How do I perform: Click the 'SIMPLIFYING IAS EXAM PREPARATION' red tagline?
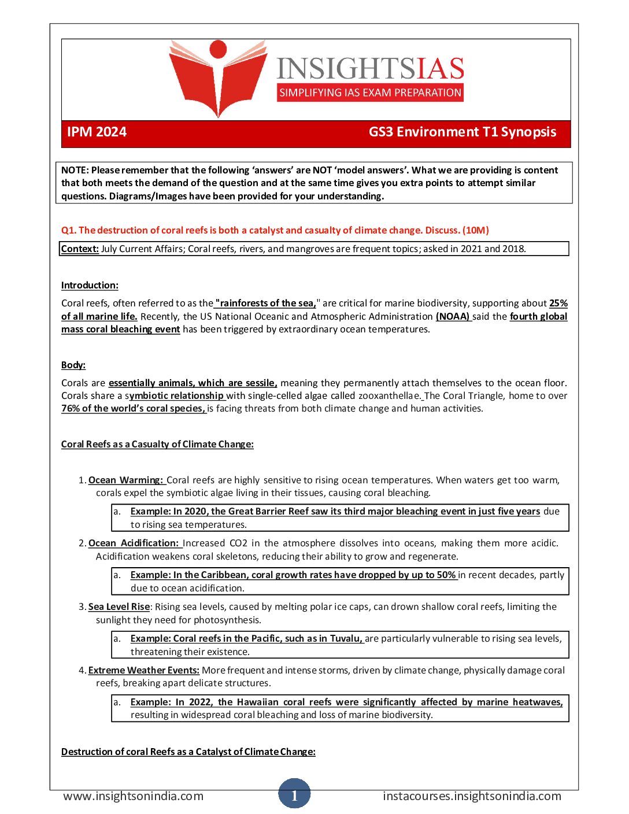tap(370, 92)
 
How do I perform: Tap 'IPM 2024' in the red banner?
tap(97, 132)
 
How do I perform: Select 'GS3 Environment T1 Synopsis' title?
tap(462, 132)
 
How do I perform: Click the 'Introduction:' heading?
tap(90, 285)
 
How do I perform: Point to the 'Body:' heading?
tap(73, 365)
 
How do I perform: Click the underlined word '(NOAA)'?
tap(453, 316)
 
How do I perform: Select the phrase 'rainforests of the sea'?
tap(267, 303)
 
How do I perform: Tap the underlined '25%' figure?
tap(558, 303)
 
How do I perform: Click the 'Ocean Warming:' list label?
tap(126, 480)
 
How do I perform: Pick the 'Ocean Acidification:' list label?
tap(134, 543)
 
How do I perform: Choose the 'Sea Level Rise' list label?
tap(119, 606)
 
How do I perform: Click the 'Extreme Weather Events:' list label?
tap(143, 670)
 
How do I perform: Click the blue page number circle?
tap(294, 795)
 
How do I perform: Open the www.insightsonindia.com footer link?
tap(134, 796)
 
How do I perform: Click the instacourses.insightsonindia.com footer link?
tap(472, 796)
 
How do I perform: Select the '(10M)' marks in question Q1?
tap(475, 230)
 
